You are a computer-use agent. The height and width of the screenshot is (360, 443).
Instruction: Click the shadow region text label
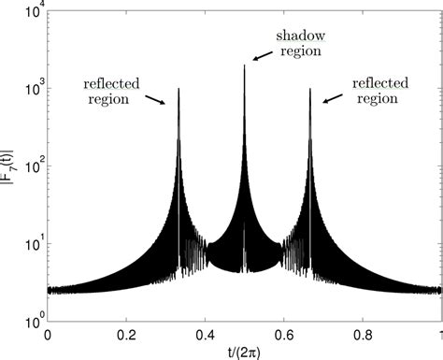[x=298, y=42]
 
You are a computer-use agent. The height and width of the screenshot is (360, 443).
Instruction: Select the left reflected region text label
[x=111, y=91]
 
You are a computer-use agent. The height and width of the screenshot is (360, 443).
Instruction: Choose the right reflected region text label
[x=380, y=90]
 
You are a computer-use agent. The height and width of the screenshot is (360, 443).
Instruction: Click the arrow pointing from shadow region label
[x=264, y=57]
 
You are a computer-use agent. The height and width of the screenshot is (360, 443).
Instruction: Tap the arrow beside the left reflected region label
[x=156, y=98]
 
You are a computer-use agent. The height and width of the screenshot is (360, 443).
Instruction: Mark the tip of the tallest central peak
[x=245, y=65]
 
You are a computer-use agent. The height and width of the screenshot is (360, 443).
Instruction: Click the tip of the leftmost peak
[x=179, y=89]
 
